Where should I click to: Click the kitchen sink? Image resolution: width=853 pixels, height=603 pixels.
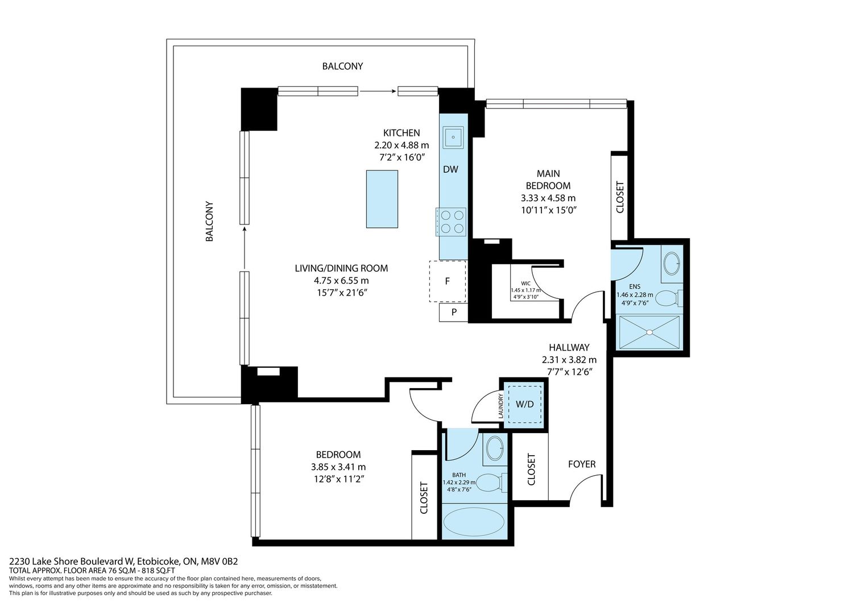coord(453,137)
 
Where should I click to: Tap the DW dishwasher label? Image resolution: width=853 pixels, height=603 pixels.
coord(450,169)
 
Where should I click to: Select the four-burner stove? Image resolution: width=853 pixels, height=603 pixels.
coord(452,222)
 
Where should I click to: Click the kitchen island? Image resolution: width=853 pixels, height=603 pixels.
coord(382,199)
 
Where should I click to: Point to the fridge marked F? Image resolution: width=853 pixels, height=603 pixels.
coord(448,281)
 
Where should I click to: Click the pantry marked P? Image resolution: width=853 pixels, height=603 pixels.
coord(454,312)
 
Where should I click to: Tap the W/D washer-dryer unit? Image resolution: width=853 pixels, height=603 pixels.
coord(525,404)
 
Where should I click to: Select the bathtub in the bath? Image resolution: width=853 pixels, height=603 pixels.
coord(474,522)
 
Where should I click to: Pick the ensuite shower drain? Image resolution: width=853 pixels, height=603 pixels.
coord(649,332)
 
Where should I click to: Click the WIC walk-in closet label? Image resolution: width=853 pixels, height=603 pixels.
coord(526,283)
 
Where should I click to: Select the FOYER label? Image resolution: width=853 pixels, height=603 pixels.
coord(582,464)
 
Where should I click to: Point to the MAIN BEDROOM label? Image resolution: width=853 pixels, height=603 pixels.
coord(548,180)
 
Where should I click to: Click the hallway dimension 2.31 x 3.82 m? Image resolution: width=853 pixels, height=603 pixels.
coord(569,360)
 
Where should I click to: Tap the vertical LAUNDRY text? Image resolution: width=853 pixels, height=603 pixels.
coord(501,406)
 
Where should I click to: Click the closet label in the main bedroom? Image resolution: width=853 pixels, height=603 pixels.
coord(620,197)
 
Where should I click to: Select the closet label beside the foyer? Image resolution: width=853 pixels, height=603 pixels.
coord(532,469)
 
